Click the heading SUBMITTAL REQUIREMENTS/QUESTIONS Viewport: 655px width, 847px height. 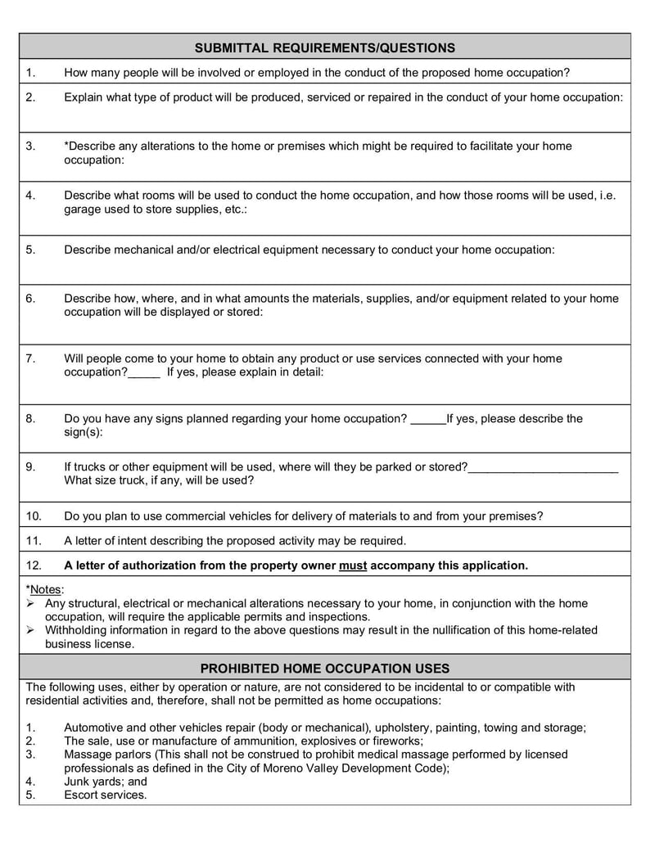tap(324, 47)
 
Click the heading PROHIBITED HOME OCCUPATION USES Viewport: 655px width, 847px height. tap(324, 668)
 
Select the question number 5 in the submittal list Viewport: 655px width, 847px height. tap(30, 250)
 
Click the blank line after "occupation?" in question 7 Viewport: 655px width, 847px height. tap(145, 373)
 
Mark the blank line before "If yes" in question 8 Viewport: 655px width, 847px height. tap(427, 420)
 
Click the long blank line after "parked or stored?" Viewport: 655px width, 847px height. tap(543, 468)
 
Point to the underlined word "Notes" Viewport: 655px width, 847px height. tap(46, 589)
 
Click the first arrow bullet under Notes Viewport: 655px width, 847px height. tap(30, 604)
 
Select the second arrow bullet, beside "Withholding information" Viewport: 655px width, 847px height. tap(30, 630)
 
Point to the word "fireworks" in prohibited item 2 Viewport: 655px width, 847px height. tap(395, 741)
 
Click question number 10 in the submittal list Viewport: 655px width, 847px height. tap(34, 516)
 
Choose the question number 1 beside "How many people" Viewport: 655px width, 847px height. tap(30, 73)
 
